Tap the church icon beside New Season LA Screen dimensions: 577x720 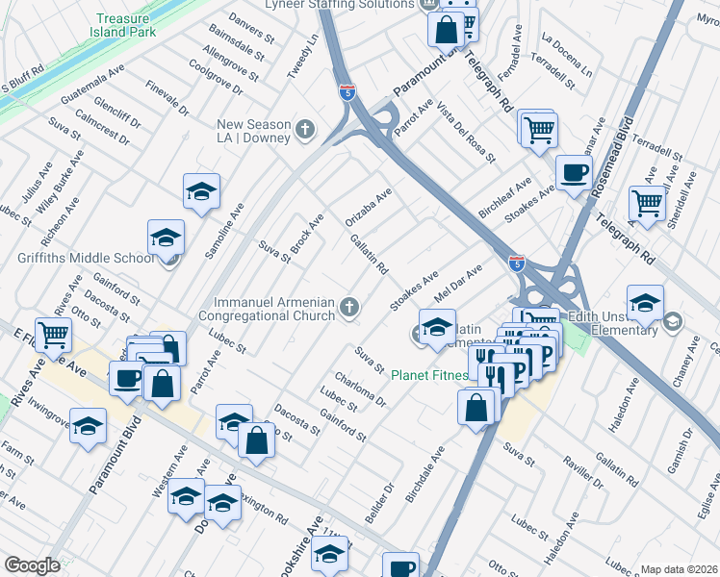(305, 130)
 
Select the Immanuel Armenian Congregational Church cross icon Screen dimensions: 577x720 (349, 308)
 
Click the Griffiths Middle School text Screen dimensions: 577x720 (86, 258)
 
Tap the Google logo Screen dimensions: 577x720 (32, 565)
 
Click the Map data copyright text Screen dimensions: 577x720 (679, 569)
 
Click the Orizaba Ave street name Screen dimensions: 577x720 (369, 208)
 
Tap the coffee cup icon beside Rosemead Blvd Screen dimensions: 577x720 (575, 173)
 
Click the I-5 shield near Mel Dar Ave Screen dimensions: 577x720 (517, 263)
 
